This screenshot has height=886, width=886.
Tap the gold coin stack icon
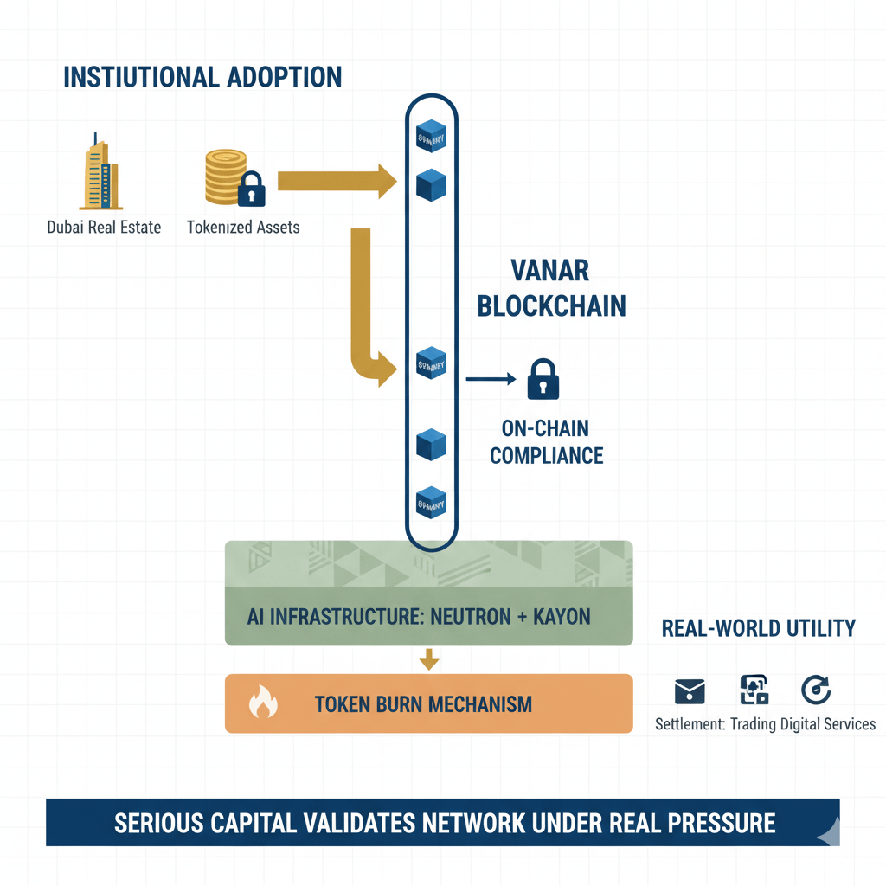(223, 177)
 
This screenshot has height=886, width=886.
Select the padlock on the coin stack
(251, 189)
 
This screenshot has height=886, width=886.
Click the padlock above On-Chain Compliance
(543, 379)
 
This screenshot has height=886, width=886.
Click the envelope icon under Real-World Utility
(690, 690)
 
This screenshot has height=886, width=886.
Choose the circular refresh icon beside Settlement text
(816, 690)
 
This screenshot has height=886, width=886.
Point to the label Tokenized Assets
(243, 228)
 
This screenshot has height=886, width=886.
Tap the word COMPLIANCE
(547, 454)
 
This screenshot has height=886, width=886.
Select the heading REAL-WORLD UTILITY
(759, 628)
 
